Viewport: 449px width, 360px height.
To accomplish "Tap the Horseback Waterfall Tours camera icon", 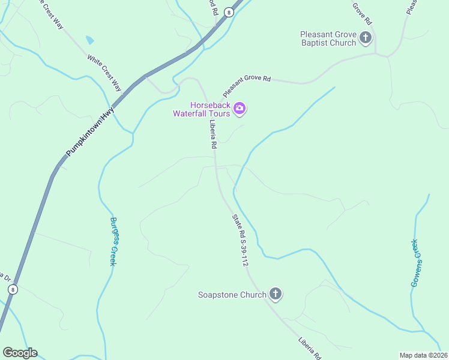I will [240, 108].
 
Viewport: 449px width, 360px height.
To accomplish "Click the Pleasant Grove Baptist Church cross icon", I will [365, 39].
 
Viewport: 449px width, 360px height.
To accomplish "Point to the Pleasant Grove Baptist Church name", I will [328, 38].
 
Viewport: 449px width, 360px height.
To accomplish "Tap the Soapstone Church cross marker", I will [275, 294].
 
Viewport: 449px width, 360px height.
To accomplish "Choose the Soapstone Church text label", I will [232, 295].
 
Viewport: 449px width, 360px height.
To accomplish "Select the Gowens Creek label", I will [414, 263].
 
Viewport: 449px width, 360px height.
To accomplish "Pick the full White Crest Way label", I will [104, 73].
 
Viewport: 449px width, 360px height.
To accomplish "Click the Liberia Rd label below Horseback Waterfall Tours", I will [212, 134].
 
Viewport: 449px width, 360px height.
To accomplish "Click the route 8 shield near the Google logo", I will [13, 289].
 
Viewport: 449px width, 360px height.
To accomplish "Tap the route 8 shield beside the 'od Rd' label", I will [229, 12].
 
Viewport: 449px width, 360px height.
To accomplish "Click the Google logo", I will [20, 352].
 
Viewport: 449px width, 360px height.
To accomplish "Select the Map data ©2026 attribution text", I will [423, 355].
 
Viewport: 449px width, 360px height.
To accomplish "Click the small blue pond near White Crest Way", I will [90, 40].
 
